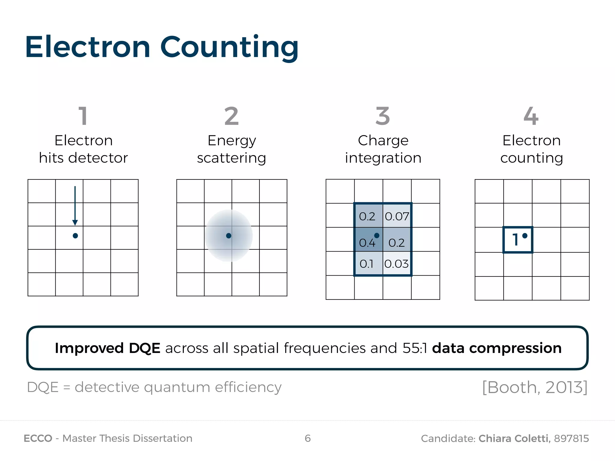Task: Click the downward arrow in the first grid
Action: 75,206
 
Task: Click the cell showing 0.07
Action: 397,216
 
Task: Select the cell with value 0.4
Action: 368,240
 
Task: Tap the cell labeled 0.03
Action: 397,264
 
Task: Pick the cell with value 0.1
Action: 368,264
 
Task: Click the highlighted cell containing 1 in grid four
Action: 518,240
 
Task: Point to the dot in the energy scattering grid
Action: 229,236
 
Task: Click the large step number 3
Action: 383,116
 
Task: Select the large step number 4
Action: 531,116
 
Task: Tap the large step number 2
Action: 232,116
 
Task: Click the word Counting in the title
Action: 229,47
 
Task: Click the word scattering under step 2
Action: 232,158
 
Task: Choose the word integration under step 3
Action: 383,158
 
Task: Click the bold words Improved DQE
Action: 108,348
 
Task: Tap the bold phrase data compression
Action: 497,348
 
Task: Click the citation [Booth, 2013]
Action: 535,387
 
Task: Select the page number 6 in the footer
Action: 307,438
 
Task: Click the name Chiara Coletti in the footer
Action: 514,438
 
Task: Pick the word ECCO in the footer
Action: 38,438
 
